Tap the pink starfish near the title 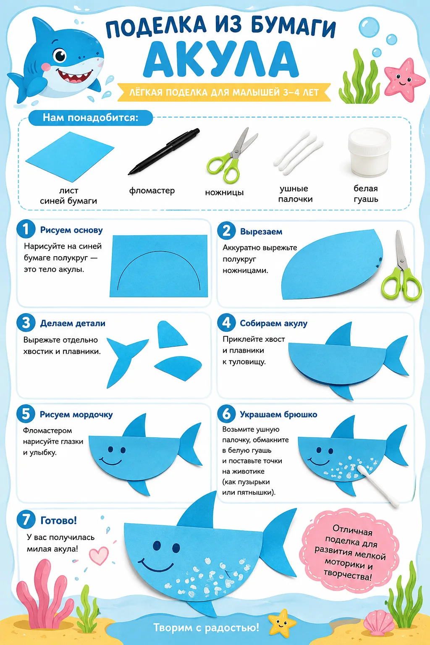(x=404, y=79)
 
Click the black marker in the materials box (x=163, y=151)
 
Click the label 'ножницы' (x=224, y=192)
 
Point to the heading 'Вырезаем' (x=261, y=231)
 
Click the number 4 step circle (x=226, y=322)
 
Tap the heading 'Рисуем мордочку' (x=76, y=414)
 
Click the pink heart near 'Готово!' (x=99, y=556)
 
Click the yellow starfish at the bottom (x=282, y=623)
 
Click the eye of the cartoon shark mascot (x=60, y=55)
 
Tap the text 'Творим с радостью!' (x=206, y=627)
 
